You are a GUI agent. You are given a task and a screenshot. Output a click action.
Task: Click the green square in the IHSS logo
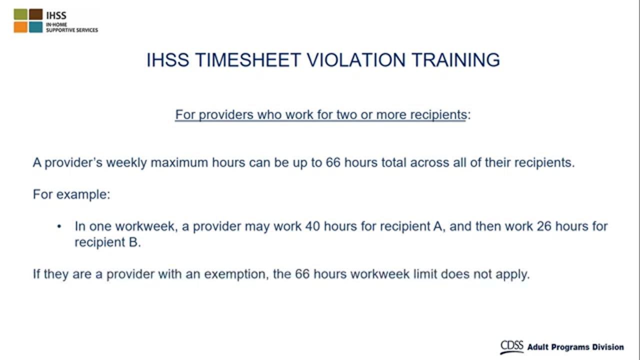click(20, 14)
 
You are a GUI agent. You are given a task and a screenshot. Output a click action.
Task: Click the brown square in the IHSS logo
click(35, 14)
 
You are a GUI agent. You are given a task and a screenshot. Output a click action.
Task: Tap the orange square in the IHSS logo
click(20, 27)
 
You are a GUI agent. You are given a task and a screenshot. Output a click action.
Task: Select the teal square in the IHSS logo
click(35, 27)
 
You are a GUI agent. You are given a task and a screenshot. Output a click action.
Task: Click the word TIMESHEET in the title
click(248, 60)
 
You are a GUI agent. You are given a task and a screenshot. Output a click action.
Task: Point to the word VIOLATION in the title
click(356, 60)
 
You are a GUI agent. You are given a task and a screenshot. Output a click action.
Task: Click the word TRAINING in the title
click(455, 60)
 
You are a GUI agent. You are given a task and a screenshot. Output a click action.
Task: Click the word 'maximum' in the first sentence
click(179, 162)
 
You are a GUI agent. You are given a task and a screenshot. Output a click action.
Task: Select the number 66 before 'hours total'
click(333, 162)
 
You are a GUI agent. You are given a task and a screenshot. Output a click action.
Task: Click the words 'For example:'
click(71, 194)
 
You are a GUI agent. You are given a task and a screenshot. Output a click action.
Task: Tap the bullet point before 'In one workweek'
click(59, 227)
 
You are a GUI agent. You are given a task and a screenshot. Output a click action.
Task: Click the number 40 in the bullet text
click(313, 226)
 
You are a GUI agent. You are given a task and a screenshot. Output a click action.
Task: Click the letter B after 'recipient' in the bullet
click(133, 242)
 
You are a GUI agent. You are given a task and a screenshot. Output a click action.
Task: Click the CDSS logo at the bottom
click(511, 347)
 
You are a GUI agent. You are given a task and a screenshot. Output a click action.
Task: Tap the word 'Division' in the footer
click(608, 347)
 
